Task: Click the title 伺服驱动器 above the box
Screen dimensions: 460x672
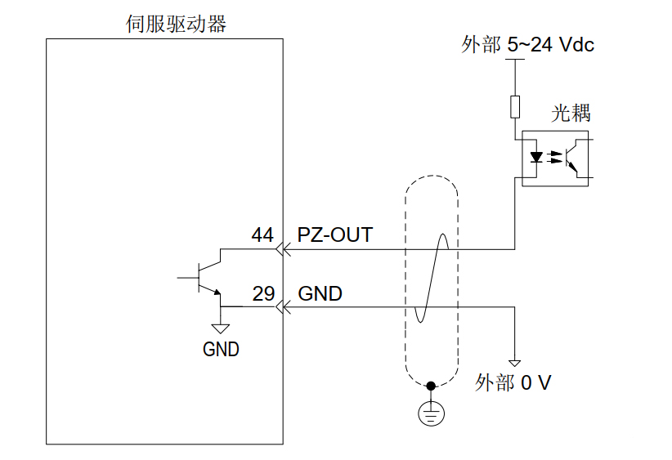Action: (176, 25)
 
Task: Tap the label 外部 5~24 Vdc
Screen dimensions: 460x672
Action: (527, 45)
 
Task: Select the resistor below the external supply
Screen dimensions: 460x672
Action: (515, 106)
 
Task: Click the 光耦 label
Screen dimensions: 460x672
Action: (571, 114)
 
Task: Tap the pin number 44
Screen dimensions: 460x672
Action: (262, 235)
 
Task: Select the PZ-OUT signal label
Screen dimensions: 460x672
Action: (334, 235)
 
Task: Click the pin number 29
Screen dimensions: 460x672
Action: (263, 294)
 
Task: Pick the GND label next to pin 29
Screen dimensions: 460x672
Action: (320, 294)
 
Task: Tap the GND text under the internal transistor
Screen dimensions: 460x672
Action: (221, 350)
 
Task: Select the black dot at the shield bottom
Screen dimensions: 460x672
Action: (431, 385)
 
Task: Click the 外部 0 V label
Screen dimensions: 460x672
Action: (513, 383)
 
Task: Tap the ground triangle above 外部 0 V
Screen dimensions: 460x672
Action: (515, 362)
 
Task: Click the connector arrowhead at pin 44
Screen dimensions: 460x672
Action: (283, 248)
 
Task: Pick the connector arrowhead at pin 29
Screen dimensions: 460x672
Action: (283, 307)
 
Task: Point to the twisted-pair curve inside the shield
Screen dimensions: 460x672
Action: (431, 278)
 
